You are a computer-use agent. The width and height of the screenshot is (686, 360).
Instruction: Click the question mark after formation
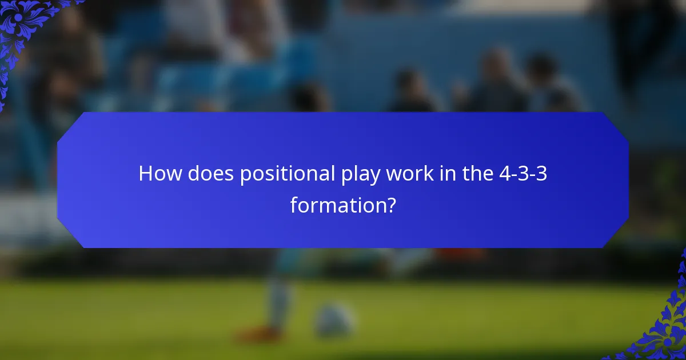[390, 204]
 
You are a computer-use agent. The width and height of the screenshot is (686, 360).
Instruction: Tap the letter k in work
[428, 174]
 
